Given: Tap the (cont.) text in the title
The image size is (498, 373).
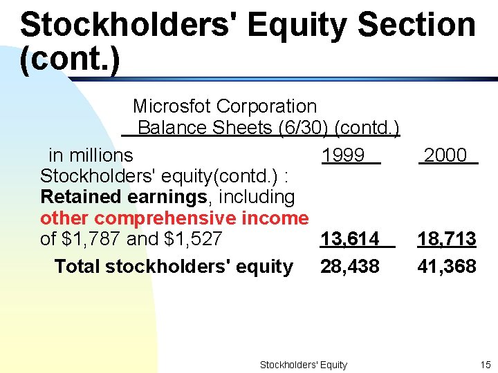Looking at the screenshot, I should [70, 59].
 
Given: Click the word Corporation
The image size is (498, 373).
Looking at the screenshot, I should [266, 106].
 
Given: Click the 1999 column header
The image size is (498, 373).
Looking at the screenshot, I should [343, 155].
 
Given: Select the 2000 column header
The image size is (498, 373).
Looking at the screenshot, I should [445, 155].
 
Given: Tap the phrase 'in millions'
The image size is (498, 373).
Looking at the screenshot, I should [91, 155].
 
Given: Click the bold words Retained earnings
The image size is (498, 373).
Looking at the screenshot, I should [124, 197].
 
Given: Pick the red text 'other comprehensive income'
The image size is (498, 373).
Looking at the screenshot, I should [174, 218].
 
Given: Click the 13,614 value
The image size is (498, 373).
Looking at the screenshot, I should [349, 239].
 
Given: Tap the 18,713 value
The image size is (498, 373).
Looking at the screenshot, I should [446, 239].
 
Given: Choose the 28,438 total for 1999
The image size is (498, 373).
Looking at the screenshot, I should [349, 267].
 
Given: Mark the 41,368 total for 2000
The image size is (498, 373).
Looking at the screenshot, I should [446, 267].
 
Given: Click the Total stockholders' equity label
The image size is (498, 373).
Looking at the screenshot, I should [173, 267].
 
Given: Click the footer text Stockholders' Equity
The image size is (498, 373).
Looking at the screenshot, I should [303, 365].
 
